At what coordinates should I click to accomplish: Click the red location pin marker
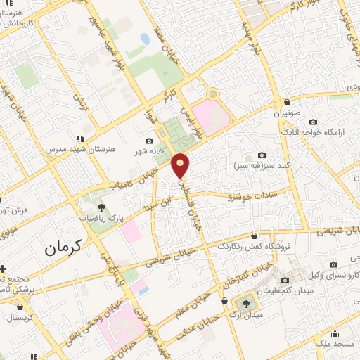[x=181, y=165]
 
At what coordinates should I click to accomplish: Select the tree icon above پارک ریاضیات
[x=102, y=207]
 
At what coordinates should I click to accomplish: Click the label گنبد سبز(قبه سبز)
[x=260, y=167]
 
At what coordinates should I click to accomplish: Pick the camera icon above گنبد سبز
[x=262, y=155]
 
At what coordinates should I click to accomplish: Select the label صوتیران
[x=286, y=113]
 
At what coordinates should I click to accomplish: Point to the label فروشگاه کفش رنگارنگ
[x=254, y=247]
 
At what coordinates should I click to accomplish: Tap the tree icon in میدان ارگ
[x=245, y=304]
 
